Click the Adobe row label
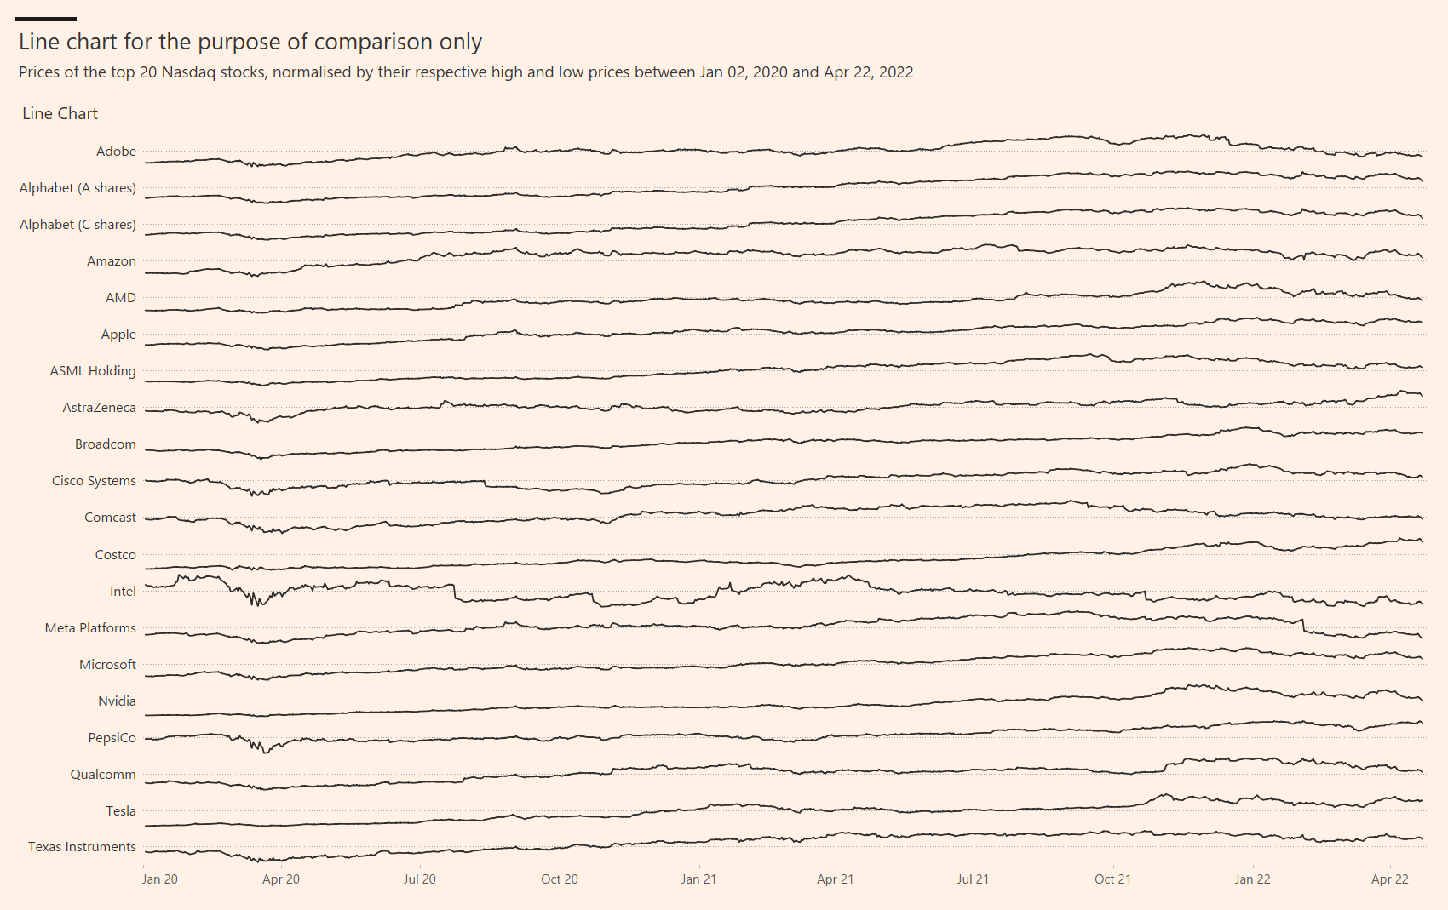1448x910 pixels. (x=116, y=152)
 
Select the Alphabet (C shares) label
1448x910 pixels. (x=78, y=225)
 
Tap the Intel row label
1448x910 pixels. (x=123, y=592)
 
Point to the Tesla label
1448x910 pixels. (x=121, y=811)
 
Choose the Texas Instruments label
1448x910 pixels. (x=82, y=847)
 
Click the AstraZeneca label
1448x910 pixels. (x=99, y=408)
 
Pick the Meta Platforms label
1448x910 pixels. (x=90, y=628)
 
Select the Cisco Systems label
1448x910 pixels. (x=94, y=481)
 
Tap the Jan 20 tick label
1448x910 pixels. (x=159, y=879)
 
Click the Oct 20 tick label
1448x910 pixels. (x=559, y=879)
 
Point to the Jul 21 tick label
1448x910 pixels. (x=973, y=879)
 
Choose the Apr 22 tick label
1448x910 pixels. (x=1389, y=879)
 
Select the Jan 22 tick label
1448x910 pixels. (x=1252, y=879)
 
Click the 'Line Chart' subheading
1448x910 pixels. (x=60, y=114)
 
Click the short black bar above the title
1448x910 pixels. (x=46, y=19)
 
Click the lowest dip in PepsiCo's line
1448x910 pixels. (x=267, y=752)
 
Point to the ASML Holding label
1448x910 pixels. (x=93, y=371)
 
